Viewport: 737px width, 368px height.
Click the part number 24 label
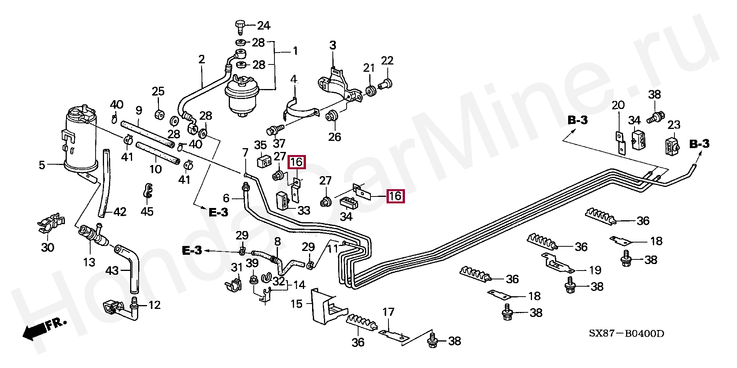(x=264, y=26)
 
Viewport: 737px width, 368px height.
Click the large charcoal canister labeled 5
(x=79, y=140)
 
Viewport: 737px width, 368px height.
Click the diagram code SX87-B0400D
(x=626, y=333)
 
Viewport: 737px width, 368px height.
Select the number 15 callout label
(x=296, y=304)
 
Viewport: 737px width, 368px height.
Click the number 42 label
(x=120, y=212)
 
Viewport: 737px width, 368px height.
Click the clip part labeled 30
(x=51, y=224)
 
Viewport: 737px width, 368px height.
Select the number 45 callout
(x=147, y=211)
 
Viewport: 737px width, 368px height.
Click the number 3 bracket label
(x=332, y=45)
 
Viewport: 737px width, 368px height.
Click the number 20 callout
(x=618, y=105)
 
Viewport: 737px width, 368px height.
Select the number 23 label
(x=674, y=125)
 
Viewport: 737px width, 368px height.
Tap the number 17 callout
(x=388, y=312)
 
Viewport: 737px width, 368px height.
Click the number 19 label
(x=595, y=270)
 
